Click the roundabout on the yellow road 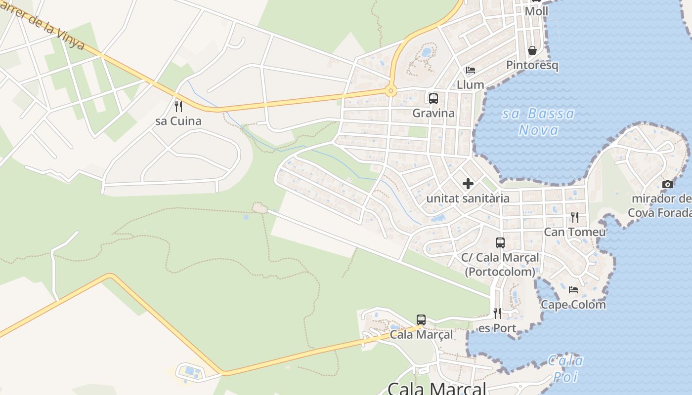pos(391,91)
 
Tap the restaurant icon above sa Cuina pos(178,106)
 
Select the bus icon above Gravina pos(433,98)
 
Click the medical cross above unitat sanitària pos(468,184)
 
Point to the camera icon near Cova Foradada pos(668,184)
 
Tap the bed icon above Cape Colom pos(573,289)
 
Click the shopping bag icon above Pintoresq pos(532,50)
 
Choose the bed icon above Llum pos(471,70)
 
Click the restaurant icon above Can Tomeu pos(574,217)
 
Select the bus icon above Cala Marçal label pos(421,319)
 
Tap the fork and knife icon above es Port pos(497,313)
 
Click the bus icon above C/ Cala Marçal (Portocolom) pos(500,242)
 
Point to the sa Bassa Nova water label pos(539,121)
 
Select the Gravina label pos(433,113)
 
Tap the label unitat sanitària pos(468,198)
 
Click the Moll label pos(536,11)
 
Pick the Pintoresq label pos(532,65)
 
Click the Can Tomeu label pos(574,232)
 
